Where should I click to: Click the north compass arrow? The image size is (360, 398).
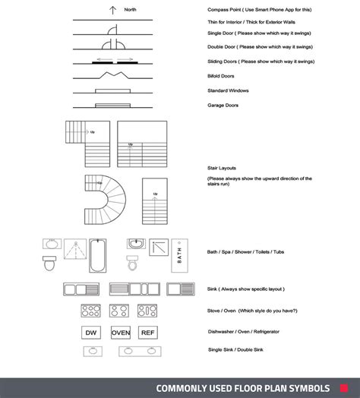pos(112,11)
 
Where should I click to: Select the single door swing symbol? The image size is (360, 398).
pos(112,32)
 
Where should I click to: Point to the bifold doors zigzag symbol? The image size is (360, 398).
pos(112,75)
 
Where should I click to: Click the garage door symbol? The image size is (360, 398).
pos(112,105)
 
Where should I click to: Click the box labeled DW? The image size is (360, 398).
pos(92,332)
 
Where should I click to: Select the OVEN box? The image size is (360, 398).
pos(121,332)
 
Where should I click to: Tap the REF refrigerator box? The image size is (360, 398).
pos(147,332)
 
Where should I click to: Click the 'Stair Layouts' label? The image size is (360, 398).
pos(223,167)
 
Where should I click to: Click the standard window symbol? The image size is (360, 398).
pos(112,90)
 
